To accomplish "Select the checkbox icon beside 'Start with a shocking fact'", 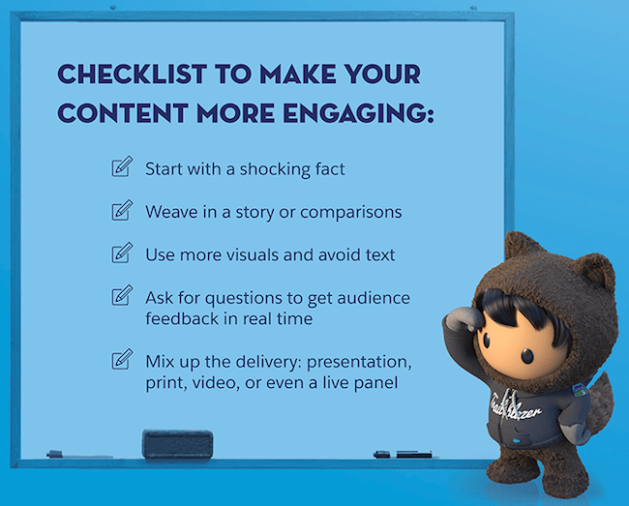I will [121, 168].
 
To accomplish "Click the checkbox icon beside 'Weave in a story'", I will [121, 210].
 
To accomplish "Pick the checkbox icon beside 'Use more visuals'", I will [121, 253].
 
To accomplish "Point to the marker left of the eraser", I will [68, 453].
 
